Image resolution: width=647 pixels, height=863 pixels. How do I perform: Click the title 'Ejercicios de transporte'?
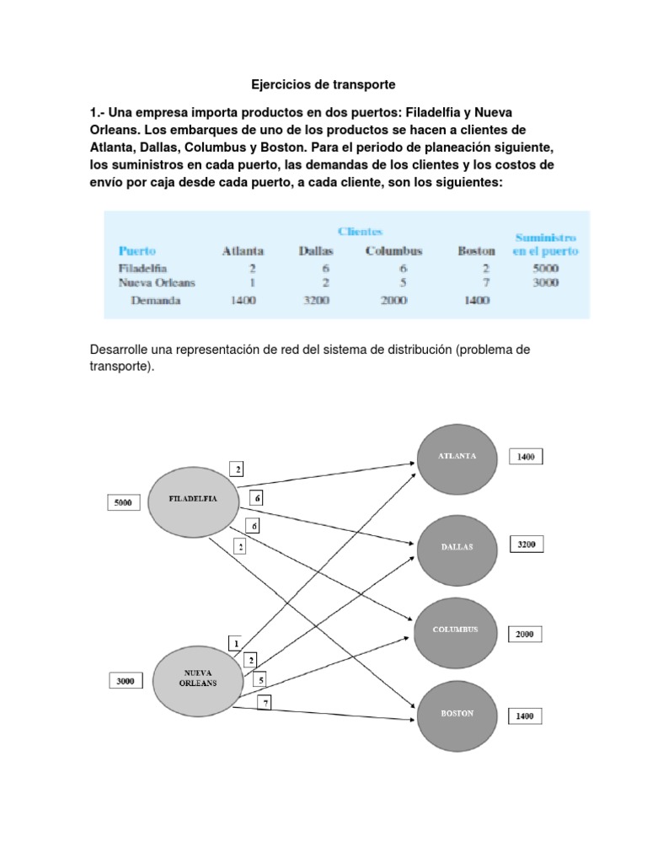[323, 85]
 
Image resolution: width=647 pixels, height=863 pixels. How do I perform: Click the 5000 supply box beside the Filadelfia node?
[122, 504]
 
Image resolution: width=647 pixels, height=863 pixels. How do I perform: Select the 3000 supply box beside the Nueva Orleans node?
[125, 679]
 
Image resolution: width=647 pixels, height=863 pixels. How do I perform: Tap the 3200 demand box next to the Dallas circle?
[526, 544]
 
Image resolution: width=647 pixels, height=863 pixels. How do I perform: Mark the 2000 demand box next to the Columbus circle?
[525, 634]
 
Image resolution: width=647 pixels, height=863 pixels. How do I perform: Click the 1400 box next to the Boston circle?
[525, 716]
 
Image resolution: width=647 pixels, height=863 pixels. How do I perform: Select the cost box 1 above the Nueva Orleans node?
[237, 643]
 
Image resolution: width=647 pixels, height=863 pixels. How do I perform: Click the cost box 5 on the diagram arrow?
[260, 679]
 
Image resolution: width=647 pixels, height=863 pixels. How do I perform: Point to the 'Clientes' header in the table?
[360, 231]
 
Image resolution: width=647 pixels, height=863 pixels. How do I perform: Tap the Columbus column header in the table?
[393, 251]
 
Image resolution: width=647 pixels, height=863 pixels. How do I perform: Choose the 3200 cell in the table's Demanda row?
[318, 300]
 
